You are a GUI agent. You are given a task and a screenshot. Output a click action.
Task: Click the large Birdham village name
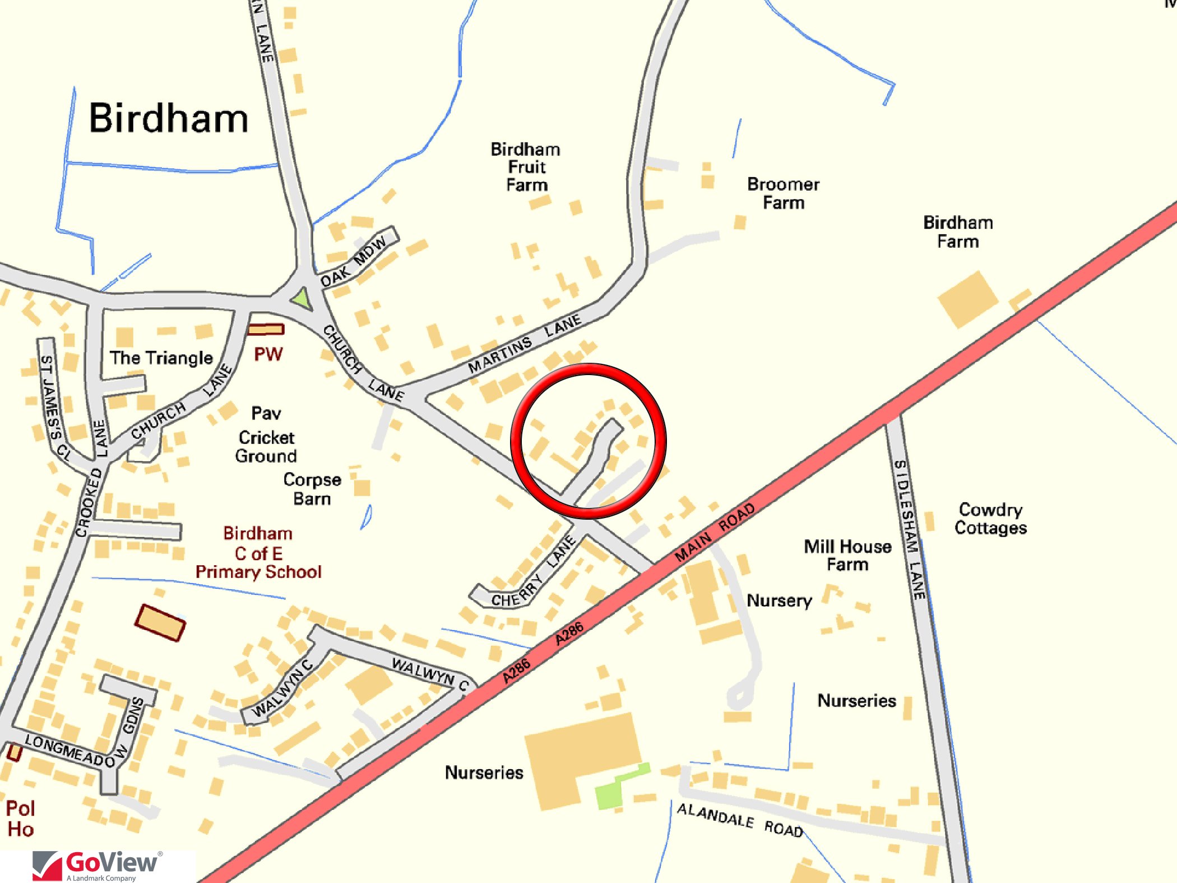coord(168,119)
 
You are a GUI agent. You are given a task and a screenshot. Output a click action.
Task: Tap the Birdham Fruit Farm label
coord(526,167)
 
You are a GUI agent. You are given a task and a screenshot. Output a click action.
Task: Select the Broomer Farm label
coord(783,193)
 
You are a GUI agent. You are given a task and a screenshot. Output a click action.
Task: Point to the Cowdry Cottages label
coord(990,519)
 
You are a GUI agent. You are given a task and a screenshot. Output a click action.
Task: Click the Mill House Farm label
coord(847,555)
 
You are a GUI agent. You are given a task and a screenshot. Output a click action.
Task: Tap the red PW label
coord(268,354)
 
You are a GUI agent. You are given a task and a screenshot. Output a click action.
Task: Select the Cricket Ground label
coord(266,446)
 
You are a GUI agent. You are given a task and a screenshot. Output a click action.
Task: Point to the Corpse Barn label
coord(312,489)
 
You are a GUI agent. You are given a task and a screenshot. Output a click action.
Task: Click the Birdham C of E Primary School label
coord(258,553)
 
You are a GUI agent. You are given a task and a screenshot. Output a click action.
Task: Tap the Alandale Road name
coord(740,820)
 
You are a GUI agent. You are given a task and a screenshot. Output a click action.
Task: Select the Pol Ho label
coord(21,819)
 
